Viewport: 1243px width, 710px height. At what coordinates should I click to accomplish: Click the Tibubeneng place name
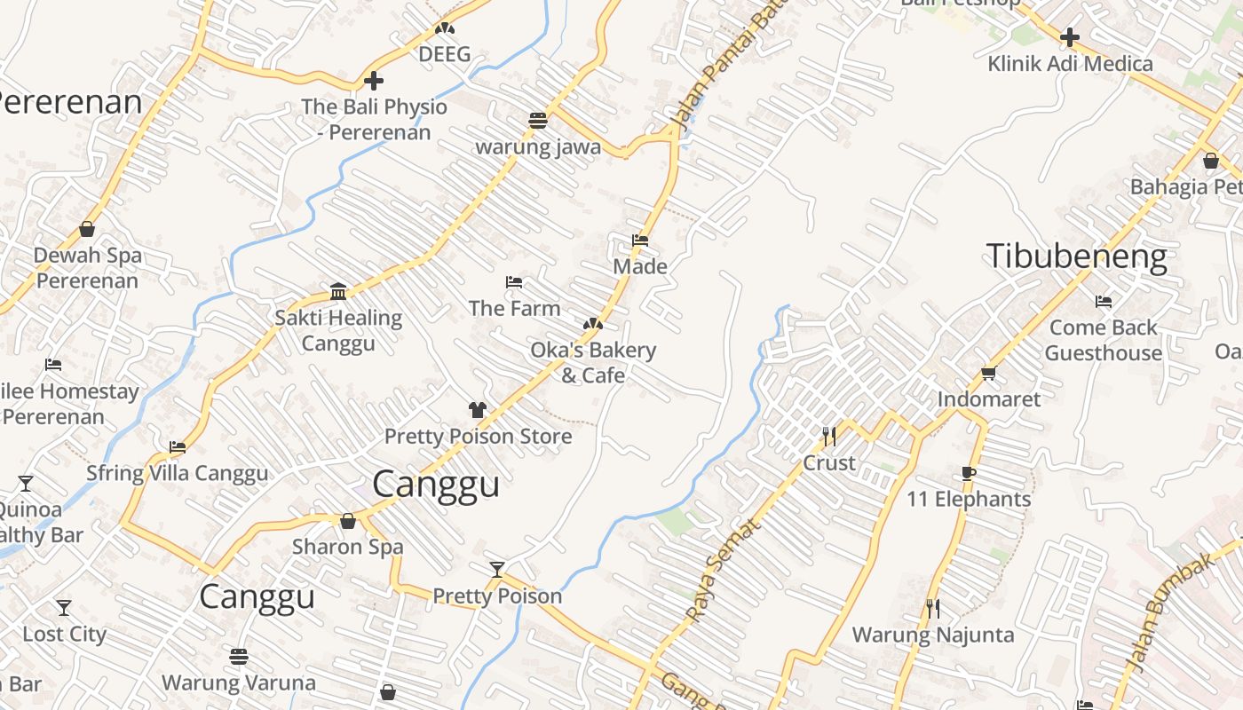point(1076,256)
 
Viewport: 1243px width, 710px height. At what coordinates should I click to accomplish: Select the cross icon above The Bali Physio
point(374,81)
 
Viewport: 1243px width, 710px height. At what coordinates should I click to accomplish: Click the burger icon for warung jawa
point(538,120)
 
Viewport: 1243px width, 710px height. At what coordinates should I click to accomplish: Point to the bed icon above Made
point(639,240)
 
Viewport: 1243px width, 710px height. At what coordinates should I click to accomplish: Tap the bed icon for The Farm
point(514,282)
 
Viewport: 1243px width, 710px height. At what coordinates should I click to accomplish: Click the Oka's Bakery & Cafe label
point(593,362)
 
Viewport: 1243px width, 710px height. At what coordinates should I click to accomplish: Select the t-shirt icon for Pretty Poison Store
point(478,409)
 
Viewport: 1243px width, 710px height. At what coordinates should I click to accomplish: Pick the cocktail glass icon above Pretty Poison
point(497,570)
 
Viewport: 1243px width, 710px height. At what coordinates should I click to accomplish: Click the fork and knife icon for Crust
point(829,436)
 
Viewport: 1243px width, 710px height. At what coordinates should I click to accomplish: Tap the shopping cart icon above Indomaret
point(988,373)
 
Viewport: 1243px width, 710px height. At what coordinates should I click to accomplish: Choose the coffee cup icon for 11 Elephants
point(968,473)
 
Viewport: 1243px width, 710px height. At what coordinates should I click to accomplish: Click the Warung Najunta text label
point(933,635)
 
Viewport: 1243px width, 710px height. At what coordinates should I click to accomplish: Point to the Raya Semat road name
point(723,570)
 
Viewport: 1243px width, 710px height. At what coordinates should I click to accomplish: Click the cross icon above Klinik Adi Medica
point(1070,37)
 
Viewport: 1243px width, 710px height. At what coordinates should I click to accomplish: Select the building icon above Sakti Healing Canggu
point(338,291)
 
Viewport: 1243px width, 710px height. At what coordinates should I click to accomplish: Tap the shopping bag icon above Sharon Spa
point(348,521)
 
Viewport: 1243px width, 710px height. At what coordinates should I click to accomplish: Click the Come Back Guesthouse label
point(1103,340)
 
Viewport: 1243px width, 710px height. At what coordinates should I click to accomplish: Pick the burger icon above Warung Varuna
point(238,657)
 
